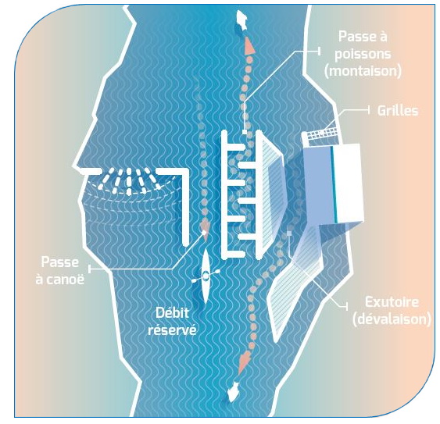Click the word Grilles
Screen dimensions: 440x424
click(398, 110)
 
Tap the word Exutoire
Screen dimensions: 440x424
click(392, 302)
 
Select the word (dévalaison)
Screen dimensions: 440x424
click(392, 319)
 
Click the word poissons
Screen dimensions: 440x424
click(363, 54)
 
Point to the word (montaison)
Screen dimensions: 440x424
click(363, 70)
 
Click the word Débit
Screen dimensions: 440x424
click(172, 312)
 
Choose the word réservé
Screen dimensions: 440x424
click(172, 330)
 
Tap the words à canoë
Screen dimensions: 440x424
click(59, 280)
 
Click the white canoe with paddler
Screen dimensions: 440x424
click(206, 276)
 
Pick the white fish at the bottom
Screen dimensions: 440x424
click(233, 392)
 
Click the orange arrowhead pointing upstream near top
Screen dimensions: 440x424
click(249, 46)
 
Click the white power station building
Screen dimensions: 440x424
click(334, 183)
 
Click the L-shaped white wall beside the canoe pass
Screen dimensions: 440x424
click(174, 196)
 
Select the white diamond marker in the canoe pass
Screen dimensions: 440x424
click(205, 233)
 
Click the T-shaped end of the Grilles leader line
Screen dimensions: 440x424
click(369, 110)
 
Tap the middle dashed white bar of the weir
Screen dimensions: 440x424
click(129, 182)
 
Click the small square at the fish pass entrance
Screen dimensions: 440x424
click(245, 131)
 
